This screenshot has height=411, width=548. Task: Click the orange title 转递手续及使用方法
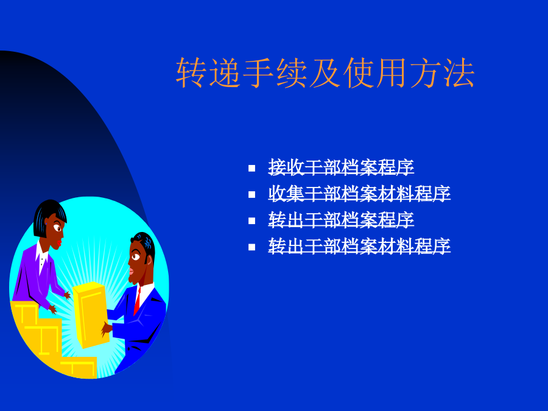(325, 72)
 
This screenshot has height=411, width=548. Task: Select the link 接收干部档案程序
(341, 167)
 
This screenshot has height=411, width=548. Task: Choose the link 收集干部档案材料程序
(359, 194)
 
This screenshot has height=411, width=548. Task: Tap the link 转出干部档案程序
(341, 220)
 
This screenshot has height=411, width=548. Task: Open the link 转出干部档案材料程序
(359, 247)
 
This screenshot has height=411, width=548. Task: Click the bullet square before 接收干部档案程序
(251, 169)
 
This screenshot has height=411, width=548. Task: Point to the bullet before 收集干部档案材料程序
(251, 195)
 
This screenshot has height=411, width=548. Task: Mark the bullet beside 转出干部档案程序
(251, 221)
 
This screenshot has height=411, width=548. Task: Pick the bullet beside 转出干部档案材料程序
(251, 247)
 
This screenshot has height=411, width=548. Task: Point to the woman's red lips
(60, 242)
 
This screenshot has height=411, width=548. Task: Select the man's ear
(150, 260)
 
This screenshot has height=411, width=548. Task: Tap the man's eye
(136, 257)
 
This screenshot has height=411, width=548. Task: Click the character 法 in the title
(459, 72)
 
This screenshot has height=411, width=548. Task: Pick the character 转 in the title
(191, 72)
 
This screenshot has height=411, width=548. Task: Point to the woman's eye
(57, 229)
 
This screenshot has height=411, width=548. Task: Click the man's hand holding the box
(106, 329)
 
